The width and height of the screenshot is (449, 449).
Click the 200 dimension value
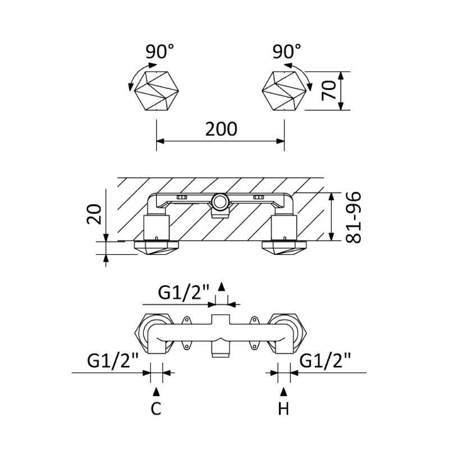coord(221,129)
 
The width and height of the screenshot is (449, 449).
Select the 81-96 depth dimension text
coord(353,217)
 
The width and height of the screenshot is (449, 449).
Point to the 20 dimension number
coord(95,213)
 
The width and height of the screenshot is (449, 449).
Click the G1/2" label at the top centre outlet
coord(184,292)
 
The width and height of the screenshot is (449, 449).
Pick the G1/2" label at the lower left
coord(113,359)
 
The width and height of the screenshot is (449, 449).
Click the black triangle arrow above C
coord(157,390)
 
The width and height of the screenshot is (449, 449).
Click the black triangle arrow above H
coord(284,390)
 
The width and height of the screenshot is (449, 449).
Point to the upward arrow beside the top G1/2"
coord(222,287)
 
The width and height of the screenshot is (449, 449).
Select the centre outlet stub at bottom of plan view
coord(220,352)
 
